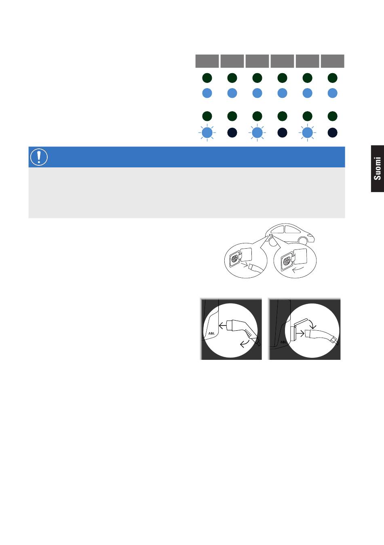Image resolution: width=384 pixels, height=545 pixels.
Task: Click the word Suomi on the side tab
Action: pyautogui.click(x=377, y=168)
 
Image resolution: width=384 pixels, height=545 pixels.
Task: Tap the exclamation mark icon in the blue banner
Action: pyautogui.click(x=39, y=157)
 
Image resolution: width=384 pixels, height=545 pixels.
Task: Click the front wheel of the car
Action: pyautogui.click(x=303, y=241)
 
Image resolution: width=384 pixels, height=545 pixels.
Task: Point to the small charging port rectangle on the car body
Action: pyautogui.click(x=271, y=235)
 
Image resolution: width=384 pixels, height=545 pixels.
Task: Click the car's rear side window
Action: pyautogui.click(x=279, y=230)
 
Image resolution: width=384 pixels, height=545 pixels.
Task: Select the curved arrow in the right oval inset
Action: pyautogui.click(x=298, y=269)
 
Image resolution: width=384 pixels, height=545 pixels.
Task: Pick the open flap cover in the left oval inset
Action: pyautogui.click(x=246, y=255)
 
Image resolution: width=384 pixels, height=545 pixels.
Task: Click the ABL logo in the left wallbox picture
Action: pyautogui.click(x=211, y=333)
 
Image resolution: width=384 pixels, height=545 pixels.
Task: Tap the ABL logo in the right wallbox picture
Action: pyautogui.click(x=284, y=342)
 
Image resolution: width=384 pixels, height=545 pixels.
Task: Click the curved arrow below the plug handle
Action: pyautogui.click(x=245, y=343)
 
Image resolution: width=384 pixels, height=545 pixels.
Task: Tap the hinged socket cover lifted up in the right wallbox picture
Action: pyautogui.click(x=301, y=322)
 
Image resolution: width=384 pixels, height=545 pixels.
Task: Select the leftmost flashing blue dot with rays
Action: pyautogui.click(x=207, y=133)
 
